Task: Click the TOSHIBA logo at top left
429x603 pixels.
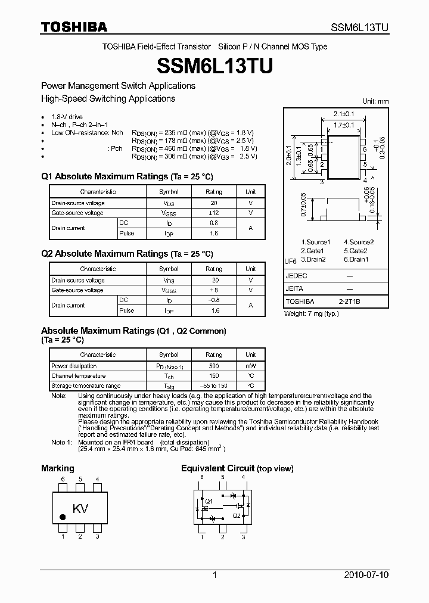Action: [x=73, y=27]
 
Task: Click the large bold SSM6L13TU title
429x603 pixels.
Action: [x=214, y=65]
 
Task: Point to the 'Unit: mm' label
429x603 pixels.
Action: [x=375, y=101]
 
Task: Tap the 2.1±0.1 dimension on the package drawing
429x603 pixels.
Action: [x=344, y=113]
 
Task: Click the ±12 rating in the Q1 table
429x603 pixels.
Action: [x=214, y=213]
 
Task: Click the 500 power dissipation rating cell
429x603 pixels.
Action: [x=214, y=366]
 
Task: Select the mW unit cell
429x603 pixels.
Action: [x=250, y=366]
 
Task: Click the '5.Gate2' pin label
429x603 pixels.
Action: [x=356, y=251]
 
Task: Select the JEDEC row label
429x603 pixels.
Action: [x=296, y=275]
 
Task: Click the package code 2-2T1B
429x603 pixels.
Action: [x=350, y=302]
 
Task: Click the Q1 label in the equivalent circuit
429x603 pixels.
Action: [x=209, y=501]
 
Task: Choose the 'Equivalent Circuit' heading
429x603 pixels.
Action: [x=217, y=468]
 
